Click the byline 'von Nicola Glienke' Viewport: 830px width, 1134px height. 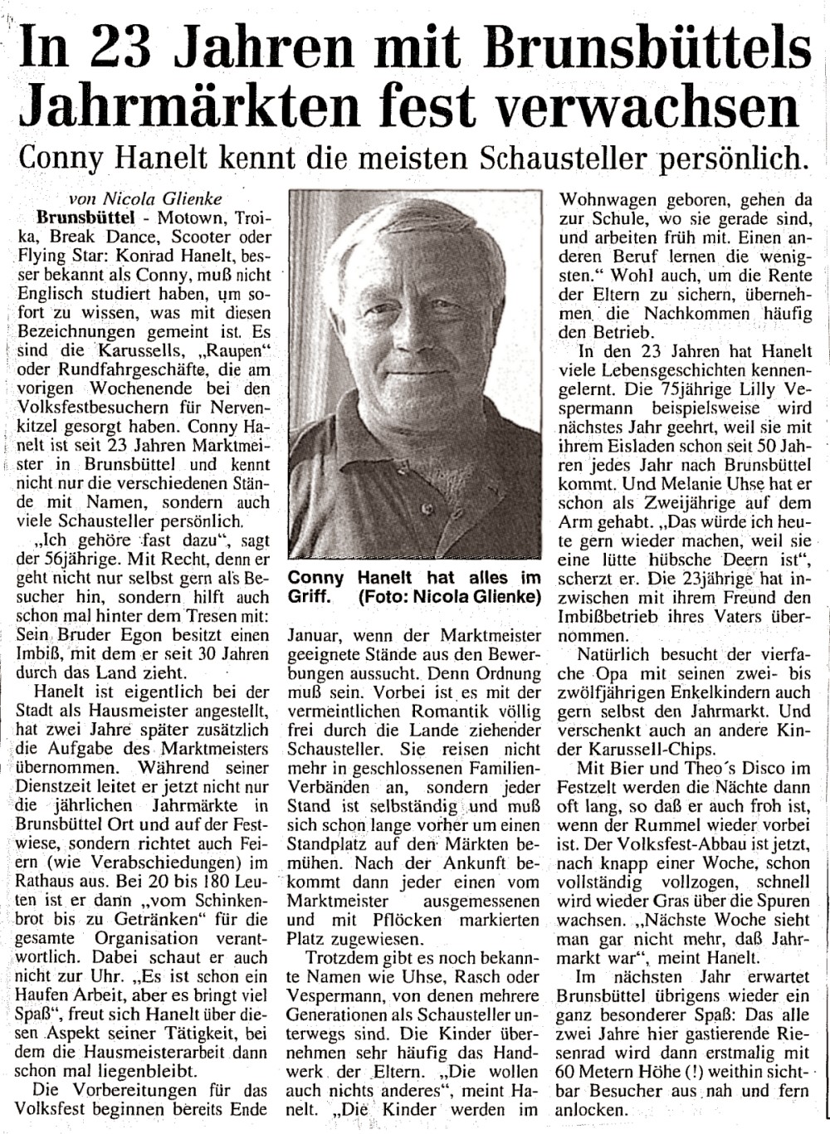(138, 199)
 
